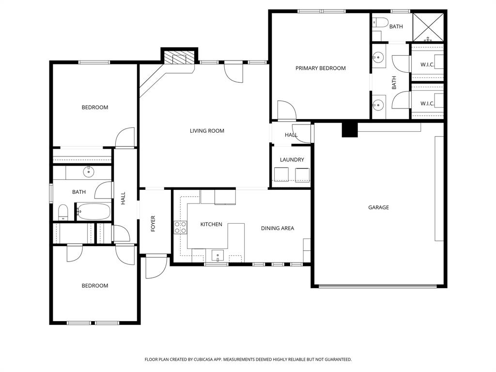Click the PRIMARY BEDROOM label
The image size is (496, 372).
pyautogui.click(x=320, y=68)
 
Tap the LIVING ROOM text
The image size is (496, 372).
pyautogui.click(x=207, y=131)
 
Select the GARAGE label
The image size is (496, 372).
pyautogui.click(x=378, y=207)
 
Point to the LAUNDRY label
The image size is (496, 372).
pyautogui.click(x=292, y=160)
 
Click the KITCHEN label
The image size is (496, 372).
pyautogui.click(x=211, y=224)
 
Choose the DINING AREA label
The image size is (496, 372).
pyautogui.click(x=277, y=228)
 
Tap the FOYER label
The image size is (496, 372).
pyautogui.click(x=153, y=223)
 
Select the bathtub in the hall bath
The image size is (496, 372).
pyautogui.click(x=93, y=212)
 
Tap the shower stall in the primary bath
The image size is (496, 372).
pyautogui.click(x=428, y=27)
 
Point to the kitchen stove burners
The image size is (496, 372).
pyautogui.click(x=180, y=227)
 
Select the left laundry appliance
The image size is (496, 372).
pyautogui.click(x=281, y=174)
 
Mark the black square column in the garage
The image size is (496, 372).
pyautogui.click(x=349, y=129)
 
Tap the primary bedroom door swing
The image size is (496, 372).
pyautogui.click(x=286, y=110)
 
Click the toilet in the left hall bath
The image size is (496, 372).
pyautogui.click(x=63, y=212)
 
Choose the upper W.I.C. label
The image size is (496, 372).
pyautogui.click(x=427, y=64)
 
